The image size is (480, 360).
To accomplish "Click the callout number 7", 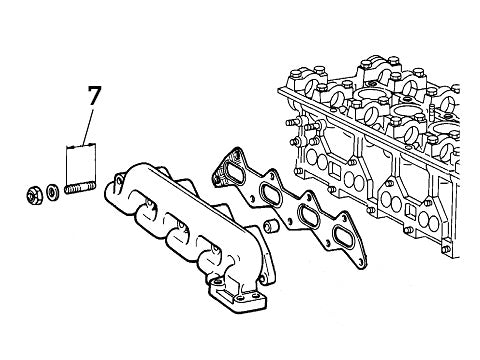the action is [x=94, y=97].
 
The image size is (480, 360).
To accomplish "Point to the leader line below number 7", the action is [x=90, y=127].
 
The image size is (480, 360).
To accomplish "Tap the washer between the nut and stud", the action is [x=52, y=190].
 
